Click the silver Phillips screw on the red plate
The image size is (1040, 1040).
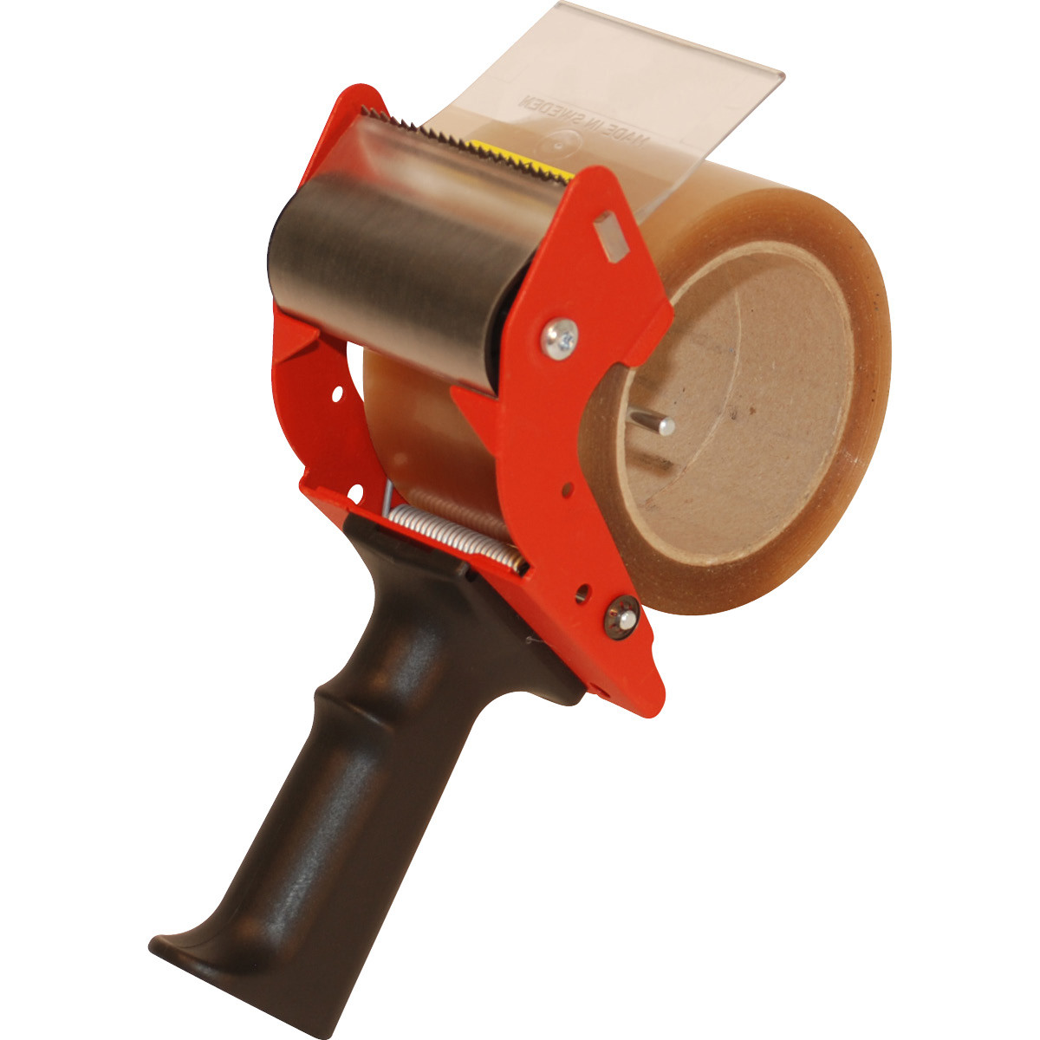(x=560, y=336)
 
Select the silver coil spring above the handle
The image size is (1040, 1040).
(x=455, y=537)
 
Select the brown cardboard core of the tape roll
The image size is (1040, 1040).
(x=737, y=416)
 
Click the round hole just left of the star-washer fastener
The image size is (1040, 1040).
(x=582, y=592)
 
